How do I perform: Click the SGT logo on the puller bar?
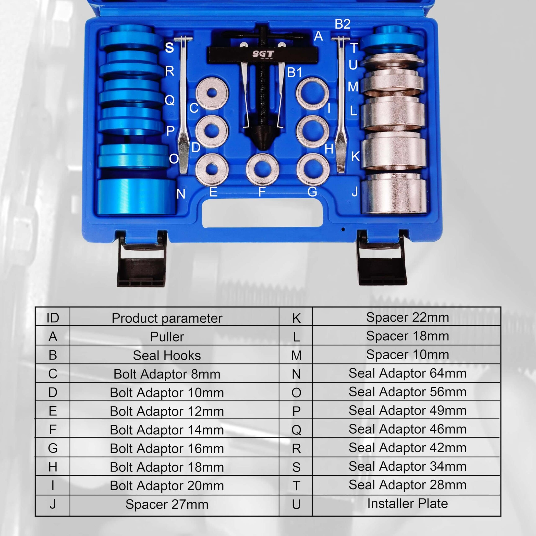point(263,54)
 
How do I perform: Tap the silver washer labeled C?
point(212,93)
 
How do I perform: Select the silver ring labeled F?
point(262,169)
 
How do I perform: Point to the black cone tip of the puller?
point(262,137)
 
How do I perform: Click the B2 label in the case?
point(342,25)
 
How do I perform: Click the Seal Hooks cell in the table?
point(167,355)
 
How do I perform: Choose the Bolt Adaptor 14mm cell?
point(167,430)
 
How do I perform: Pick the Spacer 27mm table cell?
point(167,504)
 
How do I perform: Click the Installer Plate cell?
point(407,504)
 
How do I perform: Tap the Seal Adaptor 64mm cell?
point(407,373)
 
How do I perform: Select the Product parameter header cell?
point(167,318)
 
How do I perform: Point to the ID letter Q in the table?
point(296,430)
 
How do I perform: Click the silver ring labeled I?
point(312,93)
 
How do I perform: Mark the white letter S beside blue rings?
point(169,48)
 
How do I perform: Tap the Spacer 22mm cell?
point(407,317)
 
